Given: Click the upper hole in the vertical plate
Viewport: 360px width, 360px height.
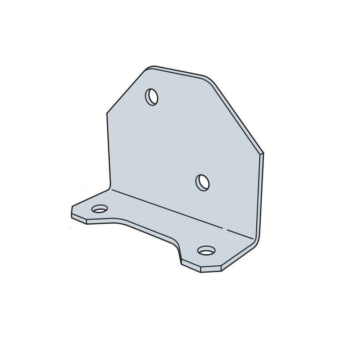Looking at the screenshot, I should coord(152,96).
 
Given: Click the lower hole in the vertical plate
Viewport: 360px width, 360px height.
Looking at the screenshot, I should coord(203,183).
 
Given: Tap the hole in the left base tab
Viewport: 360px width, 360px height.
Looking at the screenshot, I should coord(100,208).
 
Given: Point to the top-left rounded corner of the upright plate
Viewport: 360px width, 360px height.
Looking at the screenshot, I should coord(150,68).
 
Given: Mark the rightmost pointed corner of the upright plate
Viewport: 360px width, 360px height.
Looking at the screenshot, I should coord(262,153).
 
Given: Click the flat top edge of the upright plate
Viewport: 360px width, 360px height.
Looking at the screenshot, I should coord(178,72).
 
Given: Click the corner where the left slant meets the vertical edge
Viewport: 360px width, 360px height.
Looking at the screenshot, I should coord(107,114).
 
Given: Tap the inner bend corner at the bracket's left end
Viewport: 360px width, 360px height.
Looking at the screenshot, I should coord(109,188).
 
